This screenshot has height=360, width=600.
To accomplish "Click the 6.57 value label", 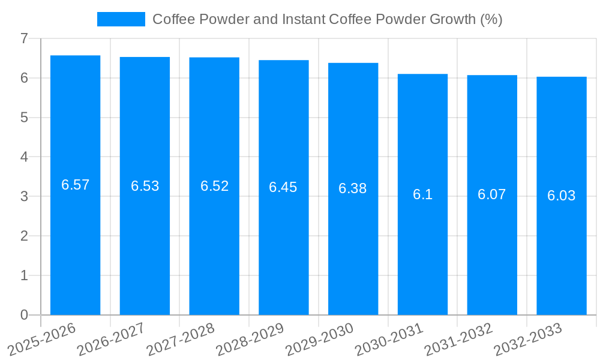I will tap(75, 185).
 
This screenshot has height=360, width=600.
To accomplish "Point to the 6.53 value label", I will tap(145, 186).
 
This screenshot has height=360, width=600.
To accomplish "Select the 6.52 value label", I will tap(214, 186).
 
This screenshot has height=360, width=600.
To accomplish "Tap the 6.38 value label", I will tap(352, 188).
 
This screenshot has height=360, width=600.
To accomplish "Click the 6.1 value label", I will tap(422, 194).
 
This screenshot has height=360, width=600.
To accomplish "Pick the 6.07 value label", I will tap(491, 194).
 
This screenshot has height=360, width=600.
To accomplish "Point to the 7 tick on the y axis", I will tap(24, 38).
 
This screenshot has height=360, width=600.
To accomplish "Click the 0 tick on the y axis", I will tap(24, 315).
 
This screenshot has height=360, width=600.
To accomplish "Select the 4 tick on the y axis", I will tap(24, 157).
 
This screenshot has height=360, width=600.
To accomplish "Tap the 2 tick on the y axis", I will tap(24, 236).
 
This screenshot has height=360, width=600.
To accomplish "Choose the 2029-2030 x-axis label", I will tap(319, 338).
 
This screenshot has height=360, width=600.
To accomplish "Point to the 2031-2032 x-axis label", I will tap(458, 338).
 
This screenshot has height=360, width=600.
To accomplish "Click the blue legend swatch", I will tap(121, 19).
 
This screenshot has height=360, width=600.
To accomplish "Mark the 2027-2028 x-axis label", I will tap(181, 338).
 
